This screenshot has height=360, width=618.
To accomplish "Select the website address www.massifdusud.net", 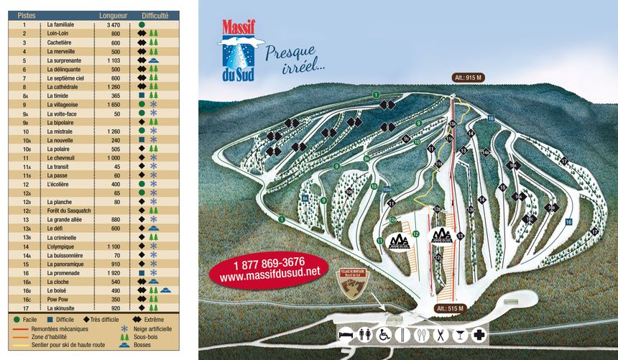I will pyautogui.click(x=269, y=274).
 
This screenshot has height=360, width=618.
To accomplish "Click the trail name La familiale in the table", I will pyautogui.click(x=60, y=24).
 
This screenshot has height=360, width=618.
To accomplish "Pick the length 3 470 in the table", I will pyautogui.click(x=113, y=24).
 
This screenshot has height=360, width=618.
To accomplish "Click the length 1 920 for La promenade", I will pyautogui.click(x=113, y=273).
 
